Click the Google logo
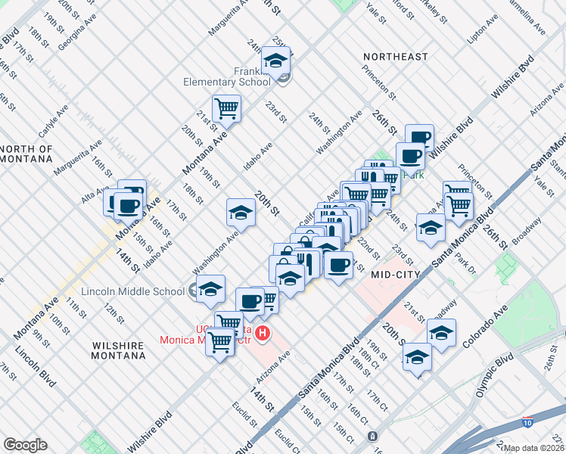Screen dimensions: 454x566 pos(25,445)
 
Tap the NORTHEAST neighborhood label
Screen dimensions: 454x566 pos(395,57)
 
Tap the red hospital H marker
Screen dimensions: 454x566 pos(263,332)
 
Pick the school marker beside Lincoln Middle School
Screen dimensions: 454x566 pos(210,288)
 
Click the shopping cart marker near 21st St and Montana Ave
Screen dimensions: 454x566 pos(226,108)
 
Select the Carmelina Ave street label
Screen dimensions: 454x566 pos(527,18)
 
